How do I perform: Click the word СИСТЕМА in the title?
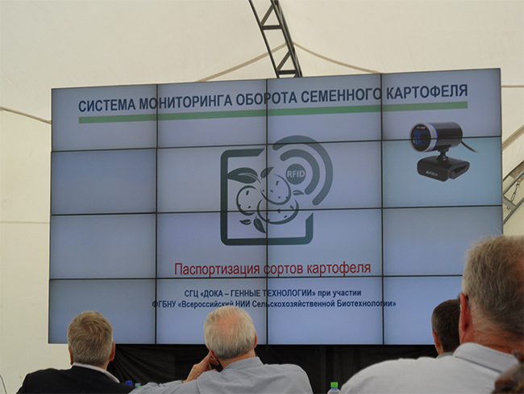pyautogui.click(x=106, y=105)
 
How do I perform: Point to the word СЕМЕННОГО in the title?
pyautogui.click(x=340, y=95)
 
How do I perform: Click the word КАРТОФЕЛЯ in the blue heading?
pyautogui.click(x=426, y=91)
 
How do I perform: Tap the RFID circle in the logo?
pyautogui.click(x=296, y=174)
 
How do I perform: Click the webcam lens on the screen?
pyautogui.click(x=421, y=137)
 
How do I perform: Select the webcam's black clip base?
pyautogui.click(x=443, y=168)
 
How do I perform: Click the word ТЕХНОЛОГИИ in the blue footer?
pyautogui.click(x=289, y=294)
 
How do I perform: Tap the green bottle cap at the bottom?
pyautogui.click(x=334, y=385)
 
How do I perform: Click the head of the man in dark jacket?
pyautogui.click(x=90, y=338)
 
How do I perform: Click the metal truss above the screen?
pyautogui.click(x=275, y=38)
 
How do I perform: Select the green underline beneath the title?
pyautogui.click(x=273, y=112)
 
